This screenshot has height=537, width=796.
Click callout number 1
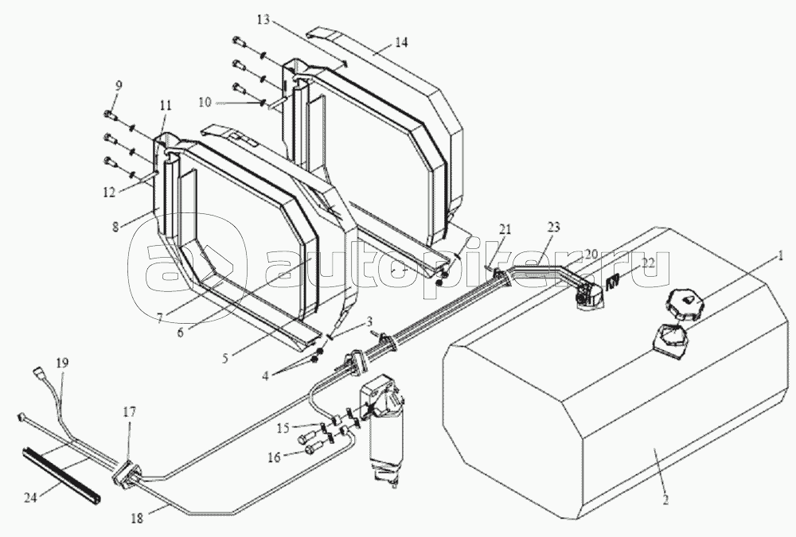click(x=782, y=256)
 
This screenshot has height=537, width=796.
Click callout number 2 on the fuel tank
click(x=665, y=500)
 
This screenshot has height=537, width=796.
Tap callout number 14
click(x=402, y=43)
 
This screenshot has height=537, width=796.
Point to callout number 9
click(x=119, y=86)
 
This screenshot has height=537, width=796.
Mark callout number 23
click(x=553, y=227)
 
